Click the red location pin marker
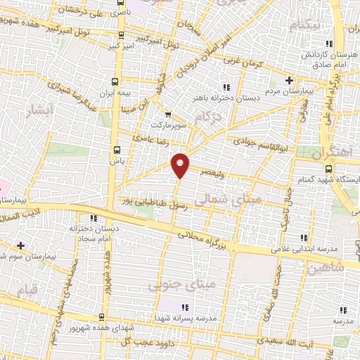coord(181,165)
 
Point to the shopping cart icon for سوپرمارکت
coord(167,115)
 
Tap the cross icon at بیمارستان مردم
coord(290,80)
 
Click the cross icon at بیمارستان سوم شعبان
coord(21,246)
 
